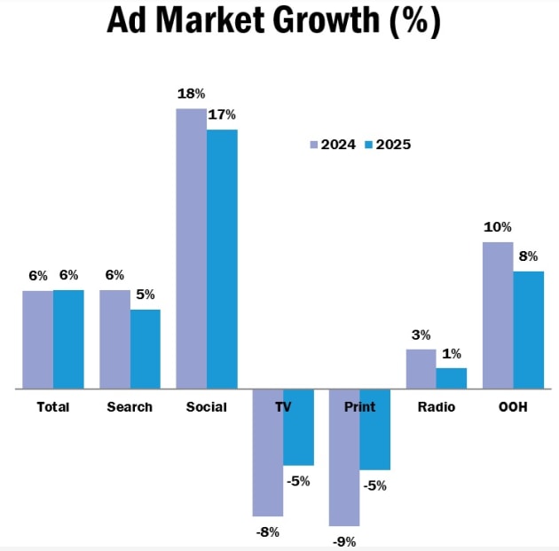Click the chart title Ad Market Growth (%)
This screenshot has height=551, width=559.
273,21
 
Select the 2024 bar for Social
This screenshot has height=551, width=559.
191,248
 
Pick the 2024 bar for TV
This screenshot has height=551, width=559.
267,453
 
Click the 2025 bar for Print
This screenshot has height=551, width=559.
374,429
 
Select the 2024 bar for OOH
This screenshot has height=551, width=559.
498,315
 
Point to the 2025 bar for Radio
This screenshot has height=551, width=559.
451,378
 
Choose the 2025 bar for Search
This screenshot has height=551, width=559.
146,349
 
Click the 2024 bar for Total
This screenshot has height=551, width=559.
37,339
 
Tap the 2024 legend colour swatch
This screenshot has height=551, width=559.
313,145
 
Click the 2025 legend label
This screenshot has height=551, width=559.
394,145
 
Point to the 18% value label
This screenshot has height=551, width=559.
192,93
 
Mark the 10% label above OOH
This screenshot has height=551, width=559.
497,227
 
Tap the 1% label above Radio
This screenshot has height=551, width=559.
451,353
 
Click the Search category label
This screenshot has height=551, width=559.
130,407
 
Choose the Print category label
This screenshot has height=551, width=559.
359,407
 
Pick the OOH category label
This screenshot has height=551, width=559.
513,407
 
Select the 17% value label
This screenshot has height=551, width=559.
222,114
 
